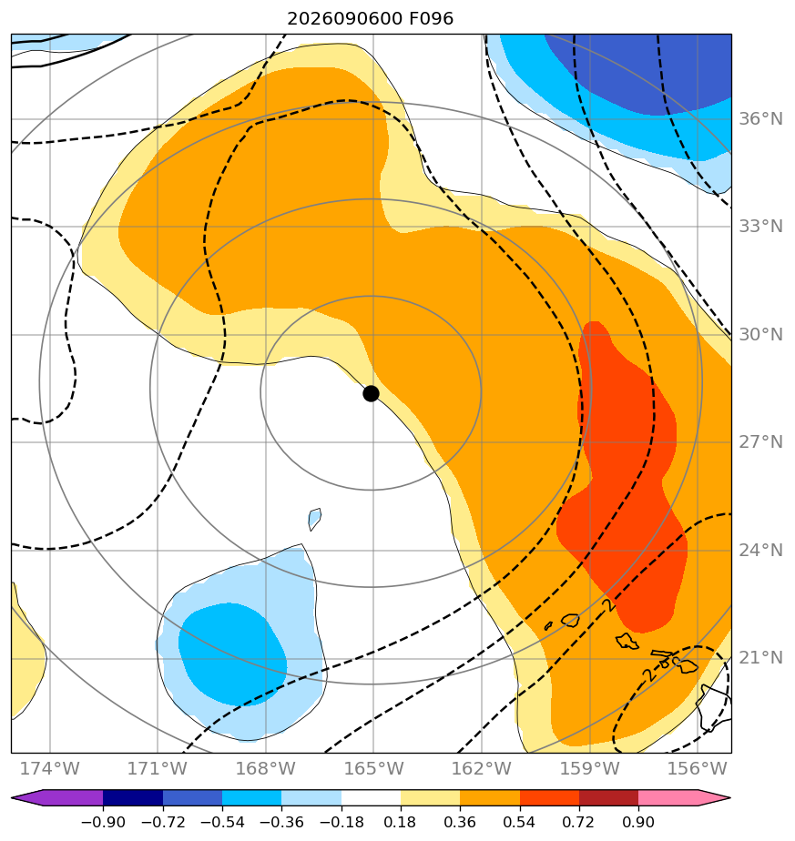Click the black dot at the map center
(x=371, y=394)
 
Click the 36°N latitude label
(x=760, y=118)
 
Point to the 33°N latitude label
(x=760, y=227)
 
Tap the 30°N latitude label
(x=760, y=335)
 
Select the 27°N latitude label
(x=760, y=442)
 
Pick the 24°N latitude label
(x=760, y=551)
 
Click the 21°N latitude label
(x=760, y=657)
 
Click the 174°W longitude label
(x=50, y=768)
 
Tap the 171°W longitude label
(x=158, y=768)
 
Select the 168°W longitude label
(x=266, y=768)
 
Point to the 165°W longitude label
(x=373, y=768)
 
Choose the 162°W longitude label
(x=482, y=768)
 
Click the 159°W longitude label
(x=590, y=768)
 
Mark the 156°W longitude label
(x=698, y=768)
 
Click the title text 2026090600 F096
(x=371, y=19)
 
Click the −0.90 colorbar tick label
(x=103, y=822)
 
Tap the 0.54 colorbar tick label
(x=520, y=822)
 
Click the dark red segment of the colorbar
(x=608, y=798)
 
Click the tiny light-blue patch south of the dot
(x=314, y=519)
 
